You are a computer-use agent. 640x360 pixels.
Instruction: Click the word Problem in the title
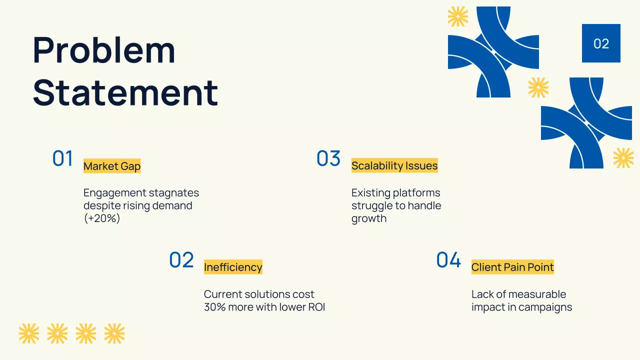coord(104,50)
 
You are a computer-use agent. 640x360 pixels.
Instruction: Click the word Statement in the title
coord(125,92)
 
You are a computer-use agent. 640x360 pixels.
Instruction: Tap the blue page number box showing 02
coord(601,43)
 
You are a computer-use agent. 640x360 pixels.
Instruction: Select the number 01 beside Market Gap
coord(62,158)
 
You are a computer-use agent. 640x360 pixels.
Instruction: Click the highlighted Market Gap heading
coord(112,166)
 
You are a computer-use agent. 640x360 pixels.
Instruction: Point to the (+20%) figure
coord(102,218)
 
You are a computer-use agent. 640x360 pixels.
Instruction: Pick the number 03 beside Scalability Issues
coord(328,158)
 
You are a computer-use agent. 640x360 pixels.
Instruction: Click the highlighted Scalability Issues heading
coord(394,166)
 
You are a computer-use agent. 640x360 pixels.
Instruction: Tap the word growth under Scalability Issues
coord(369,218)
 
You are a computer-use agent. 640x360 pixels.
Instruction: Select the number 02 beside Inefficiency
coord(181,260)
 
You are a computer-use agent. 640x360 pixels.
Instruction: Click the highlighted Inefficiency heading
coord(233,267)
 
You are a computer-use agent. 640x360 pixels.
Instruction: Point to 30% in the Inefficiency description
coord(214,307)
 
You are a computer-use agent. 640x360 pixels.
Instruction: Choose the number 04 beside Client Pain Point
coord(448,260)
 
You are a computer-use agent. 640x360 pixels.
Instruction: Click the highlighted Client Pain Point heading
coord(512,267)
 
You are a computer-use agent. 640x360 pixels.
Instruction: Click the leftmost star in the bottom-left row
coord(28,333)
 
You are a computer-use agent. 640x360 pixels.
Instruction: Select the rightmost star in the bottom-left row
coord(114,333)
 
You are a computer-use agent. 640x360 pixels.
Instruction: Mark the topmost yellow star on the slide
coord(458,16)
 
